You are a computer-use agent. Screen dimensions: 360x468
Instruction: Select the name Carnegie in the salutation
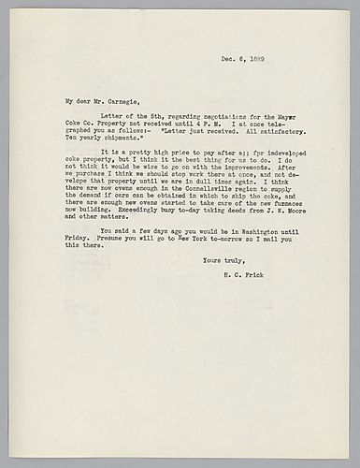pyautogui.click(x=108, y=99)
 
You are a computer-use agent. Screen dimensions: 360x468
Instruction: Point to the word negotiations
pyautogui.click(x=194, y=114)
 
